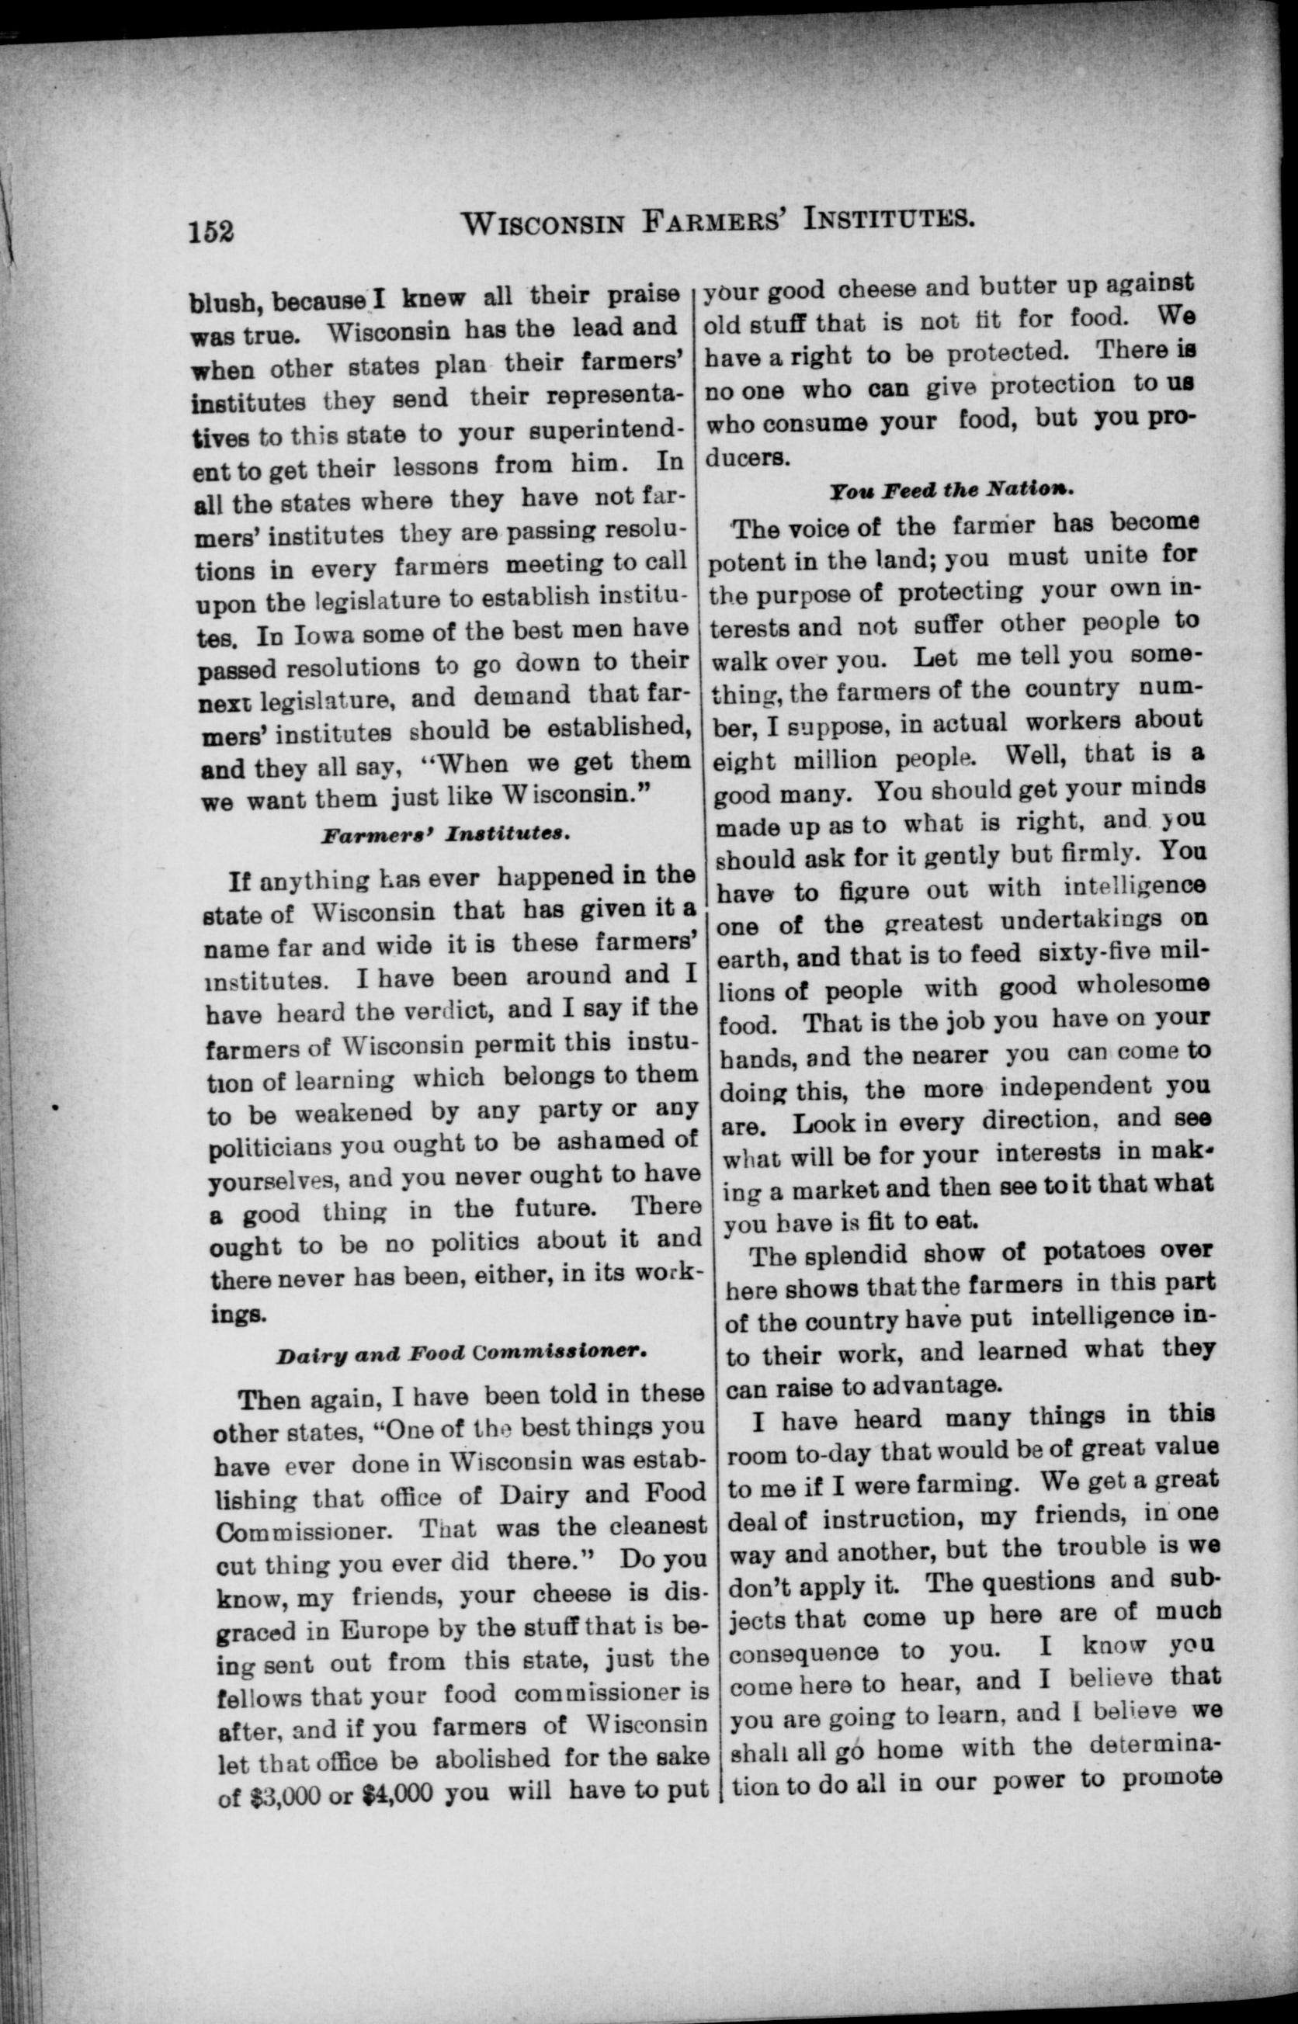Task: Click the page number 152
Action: pos(210,230)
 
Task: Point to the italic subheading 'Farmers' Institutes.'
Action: pos(446,834)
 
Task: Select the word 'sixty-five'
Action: pos(1091,955)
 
